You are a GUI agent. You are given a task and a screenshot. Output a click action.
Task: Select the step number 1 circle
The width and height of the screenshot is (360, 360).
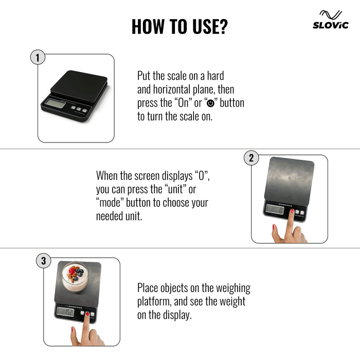pyautogui.click(x=37, y=58)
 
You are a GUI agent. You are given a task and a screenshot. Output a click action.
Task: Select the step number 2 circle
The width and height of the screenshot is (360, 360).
pyautogui.click(x=251, y=158)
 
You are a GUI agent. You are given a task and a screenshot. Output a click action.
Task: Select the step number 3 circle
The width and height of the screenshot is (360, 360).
pyautogui.click(x=43, y=261)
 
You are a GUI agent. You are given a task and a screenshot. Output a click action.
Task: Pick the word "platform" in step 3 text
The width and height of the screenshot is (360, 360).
pyautogui.click(x=154, y=301)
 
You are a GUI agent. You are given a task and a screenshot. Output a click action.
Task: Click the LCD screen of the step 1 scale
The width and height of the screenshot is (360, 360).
pyautogui.click(x=55, y=103)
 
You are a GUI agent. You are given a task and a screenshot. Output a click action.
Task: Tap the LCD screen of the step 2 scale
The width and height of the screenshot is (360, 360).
pyautogui.click(x=272, y=209)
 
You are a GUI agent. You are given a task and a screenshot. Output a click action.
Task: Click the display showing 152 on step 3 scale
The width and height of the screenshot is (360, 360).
pyautogui.click(x=65, y=312)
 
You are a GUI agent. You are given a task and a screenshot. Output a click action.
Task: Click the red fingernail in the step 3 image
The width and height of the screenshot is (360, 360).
pyautogui.click(x=87, y=313)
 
